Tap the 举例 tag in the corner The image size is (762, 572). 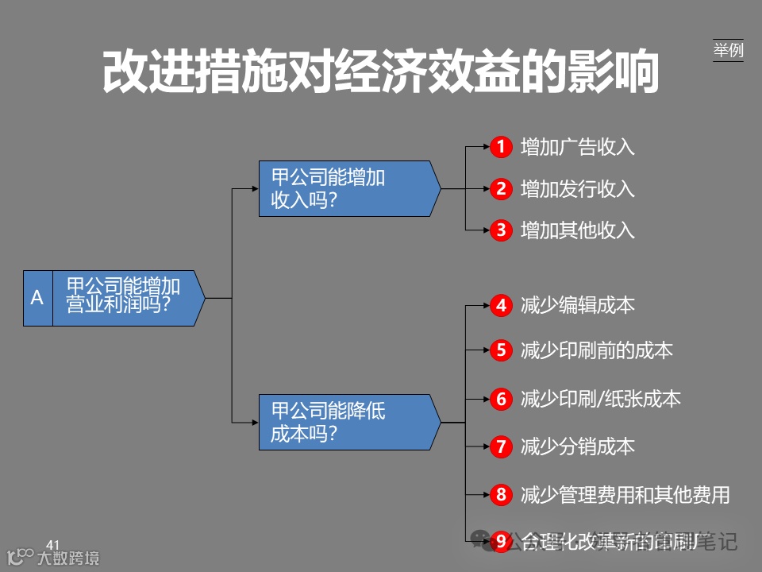[728, 50]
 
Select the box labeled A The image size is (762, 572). [37, 298]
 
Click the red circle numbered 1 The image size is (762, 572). [501, 147]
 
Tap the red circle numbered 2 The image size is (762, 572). [501, 189]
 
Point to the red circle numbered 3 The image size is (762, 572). [501, 231]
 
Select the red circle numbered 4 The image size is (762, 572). [501, 306]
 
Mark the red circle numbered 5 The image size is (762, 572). [501, 350]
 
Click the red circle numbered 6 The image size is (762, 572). [501, 399]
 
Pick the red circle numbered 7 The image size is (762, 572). [501, 447]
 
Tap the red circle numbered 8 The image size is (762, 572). [501, 495]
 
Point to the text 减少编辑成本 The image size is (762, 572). [578, 306]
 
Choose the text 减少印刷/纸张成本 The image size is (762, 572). [601, 399]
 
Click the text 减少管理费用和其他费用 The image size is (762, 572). [625, 495]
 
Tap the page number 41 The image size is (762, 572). [53, 544]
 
